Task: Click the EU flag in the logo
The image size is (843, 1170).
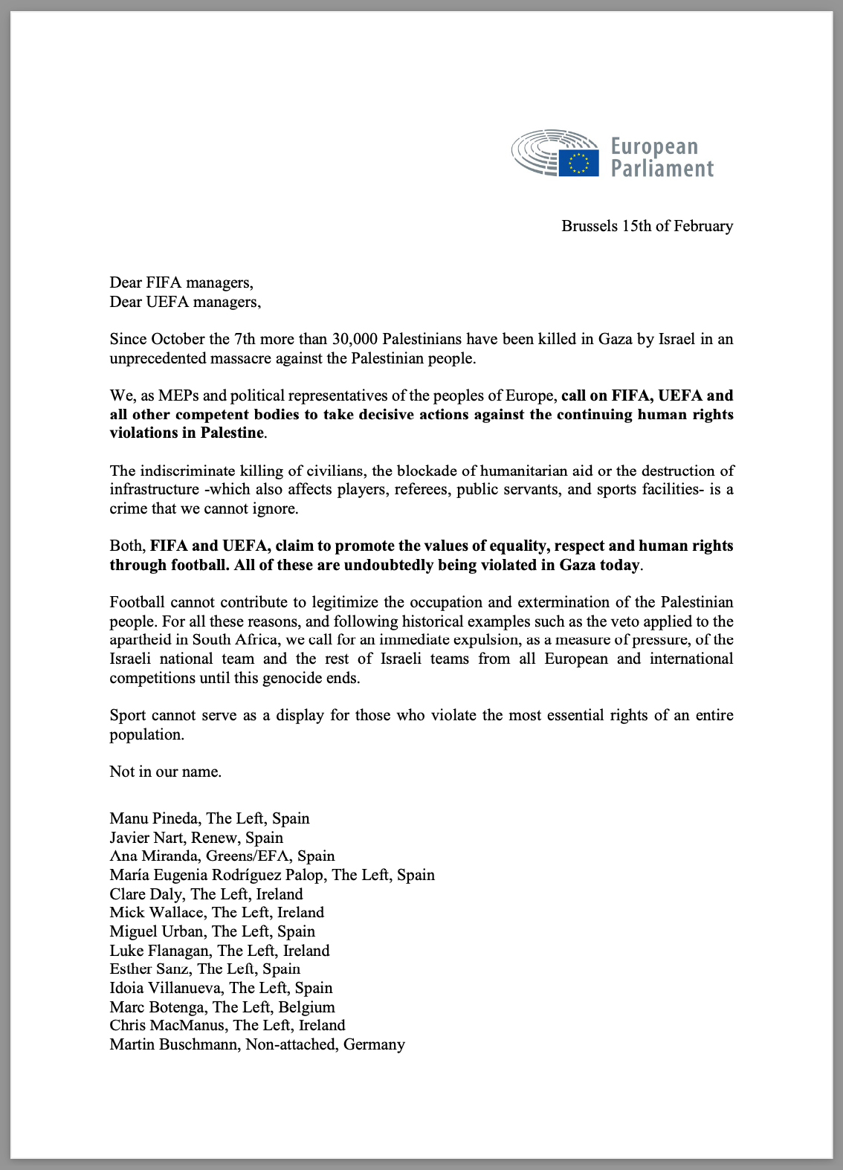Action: pyautogui.click(x=578, y=163)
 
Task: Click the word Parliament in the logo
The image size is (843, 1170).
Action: pyautogui.click(x=662, y=169)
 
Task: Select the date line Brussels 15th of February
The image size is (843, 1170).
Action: pyautogui.click(x=647, y=226)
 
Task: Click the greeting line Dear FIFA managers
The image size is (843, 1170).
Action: pyautogui.click(x=181, y=282)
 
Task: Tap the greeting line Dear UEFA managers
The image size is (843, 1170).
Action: pyautogui.click(x=185, y=302)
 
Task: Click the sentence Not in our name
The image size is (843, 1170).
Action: pyautogui.click(x=165, y=772)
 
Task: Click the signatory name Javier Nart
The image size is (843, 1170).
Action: pyautogui.click(x=146, y=838)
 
